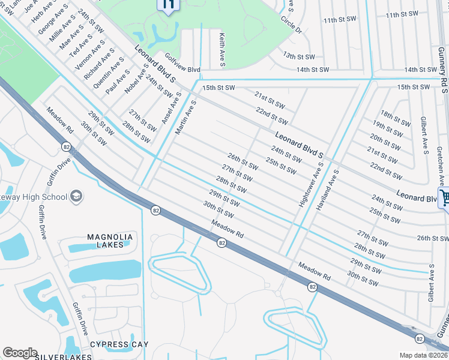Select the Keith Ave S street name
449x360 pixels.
(x=222, y=50)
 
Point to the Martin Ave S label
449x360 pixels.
(x=186, y=117)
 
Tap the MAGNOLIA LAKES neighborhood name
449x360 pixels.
(x=109, y=240)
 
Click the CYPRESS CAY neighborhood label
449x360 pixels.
(x=118, y=344)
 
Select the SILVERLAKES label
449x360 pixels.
(x=63, y=356)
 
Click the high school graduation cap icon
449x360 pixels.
(x=77, y=196)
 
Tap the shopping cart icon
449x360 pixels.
(x=445, y=197)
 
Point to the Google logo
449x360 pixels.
(x=20, y=353)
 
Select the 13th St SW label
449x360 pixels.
(x=299, y=56)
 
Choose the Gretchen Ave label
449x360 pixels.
(x=440, y=165)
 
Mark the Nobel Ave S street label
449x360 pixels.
(x=136, y=80)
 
